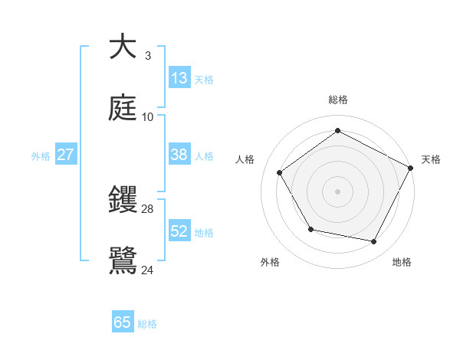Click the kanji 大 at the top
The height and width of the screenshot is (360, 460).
[x=123, y=47]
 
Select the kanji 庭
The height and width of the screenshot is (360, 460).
[x=123, y=108]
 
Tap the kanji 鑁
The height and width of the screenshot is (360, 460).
[x=123, y=200]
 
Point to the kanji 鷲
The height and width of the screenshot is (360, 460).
[x=123, y=261]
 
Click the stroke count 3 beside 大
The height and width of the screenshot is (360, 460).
[x=147, y=56]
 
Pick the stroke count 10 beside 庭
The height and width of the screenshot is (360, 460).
[x=147, y=117]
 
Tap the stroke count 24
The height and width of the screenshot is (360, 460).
[x=147, y=270]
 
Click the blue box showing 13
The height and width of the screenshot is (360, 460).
[x=179, y=78]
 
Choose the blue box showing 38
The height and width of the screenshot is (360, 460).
[x=179, y=155]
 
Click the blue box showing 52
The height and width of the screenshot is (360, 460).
[x=179, y=231]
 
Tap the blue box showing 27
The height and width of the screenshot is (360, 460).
[x=65, y=155]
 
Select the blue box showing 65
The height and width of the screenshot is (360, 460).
[x=123, y=322]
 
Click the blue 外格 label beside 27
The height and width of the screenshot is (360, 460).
[x=41, y=156]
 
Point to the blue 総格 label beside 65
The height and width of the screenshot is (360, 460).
[x=147, y=324]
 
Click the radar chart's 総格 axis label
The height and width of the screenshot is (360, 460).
[x=338, y=100]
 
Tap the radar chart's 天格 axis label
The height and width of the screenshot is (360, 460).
[x=431, y=159]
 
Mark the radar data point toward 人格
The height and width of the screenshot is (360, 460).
[x=280, y=173]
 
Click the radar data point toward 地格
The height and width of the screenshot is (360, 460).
[x=374, y=242]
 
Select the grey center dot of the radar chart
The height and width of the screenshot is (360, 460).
[x=338, y=191]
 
